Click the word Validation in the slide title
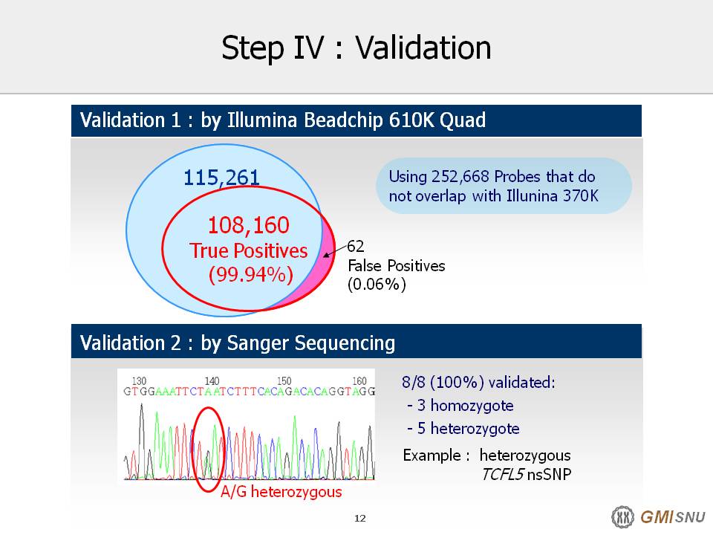423,48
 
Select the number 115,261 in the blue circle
221,178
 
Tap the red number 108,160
248,224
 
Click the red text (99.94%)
250,274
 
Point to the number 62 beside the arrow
356,246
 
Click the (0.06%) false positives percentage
377,285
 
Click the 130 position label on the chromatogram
139,380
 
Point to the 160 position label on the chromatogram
359,380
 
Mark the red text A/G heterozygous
281,492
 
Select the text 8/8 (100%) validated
478,382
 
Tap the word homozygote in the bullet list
472,406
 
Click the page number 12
359,518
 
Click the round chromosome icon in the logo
622,517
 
